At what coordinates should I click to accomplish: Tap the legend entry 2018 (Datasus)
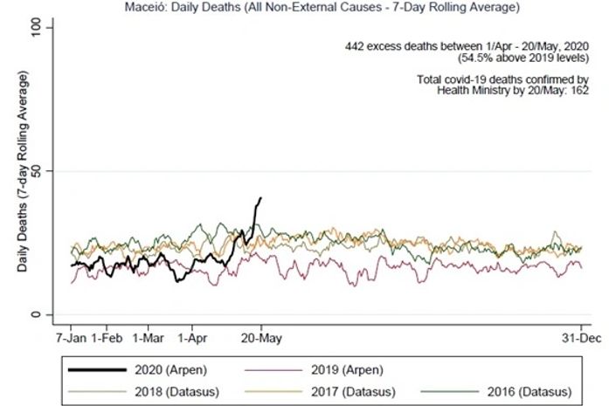pos(167,390)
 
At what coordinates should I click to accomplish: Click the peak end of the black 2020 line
pos(260,198)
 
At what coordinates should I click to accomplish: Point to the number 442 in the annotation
pos(356,46)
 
